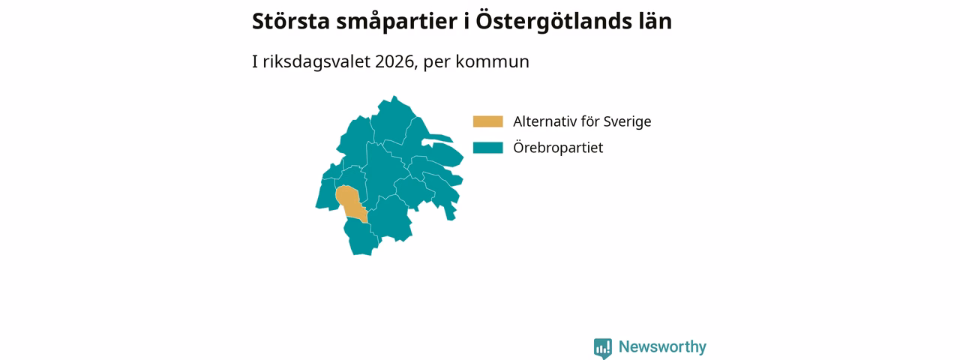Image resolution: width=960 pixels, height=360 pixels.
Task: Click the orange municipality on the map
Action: pyautogui.click(x=349, y=202)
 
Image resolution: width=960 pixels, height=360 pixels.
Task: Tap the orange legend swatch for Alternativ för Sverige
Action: pyautogui.click(x=487, y=121)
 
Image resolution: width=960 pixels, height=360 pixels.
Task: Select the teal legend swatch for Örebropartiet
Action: pyautogui.click(x=487, y=148)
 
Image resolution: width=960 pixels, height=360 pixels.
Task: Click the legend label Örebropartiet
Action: pyautogui.click(x=558, y=148)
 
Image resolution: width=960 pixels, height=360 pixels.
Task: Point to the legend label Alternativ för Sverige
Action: pyautogui.click(x=582, y=121)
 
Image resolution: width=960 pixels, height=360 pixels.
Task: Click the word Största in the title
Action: pyautogui.click(x=291, y=21)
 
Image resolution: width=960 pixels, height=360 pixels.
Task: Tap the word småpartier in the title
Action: pyautogui.click(x=397, y=22)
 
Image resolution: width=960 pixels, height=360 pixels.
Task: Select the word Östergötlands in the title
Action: pyautogui.click(x=553, y=22)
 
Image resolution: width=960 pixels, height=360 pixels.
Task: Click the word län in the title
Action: pyautogui.click(x=655, y=21)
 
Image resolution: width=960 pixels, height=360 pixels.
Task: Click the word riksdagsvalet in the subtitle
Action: pyautogui.click(x=316, y=62)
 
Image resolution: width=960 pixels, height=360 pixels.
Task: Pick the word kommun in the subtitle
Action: pyautogui.click(x=493, y=61)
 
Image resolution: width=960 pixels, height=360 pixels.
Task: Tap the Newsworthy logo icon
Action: pyautogui.click(x=603, y=348)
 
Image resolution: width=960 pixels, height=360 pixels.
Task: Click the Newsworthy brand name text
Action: pyautogui.click(x=662, y=346)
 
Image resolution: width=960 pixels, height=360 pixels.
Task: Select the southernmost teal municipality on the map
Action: pyautogui.click(x=361, y=238)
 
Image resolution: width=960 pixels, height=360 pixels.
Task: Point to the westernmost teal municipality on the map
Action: pyautogui.click(x=326, y=195)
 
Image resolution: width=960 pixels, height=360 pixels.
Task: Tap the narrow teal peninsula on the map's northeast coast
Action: pyautogui.click(x=438, y=138)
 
